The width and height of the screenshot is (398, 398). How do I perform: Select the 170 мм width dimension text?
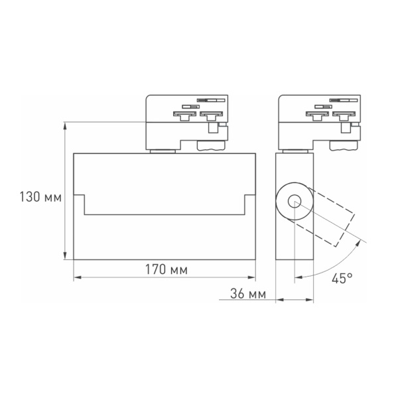click(164, 270)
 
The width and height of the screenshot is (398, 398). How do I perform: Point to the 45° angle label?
click(342, 279)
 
